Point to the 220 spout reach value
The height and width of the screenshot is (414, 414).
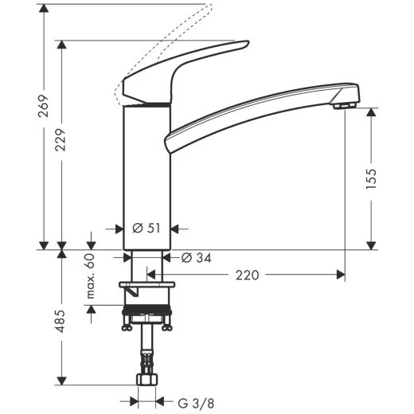(x=248, y=275)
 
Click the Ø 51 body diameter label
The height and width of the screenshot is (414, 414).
(x=147, y=228)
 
